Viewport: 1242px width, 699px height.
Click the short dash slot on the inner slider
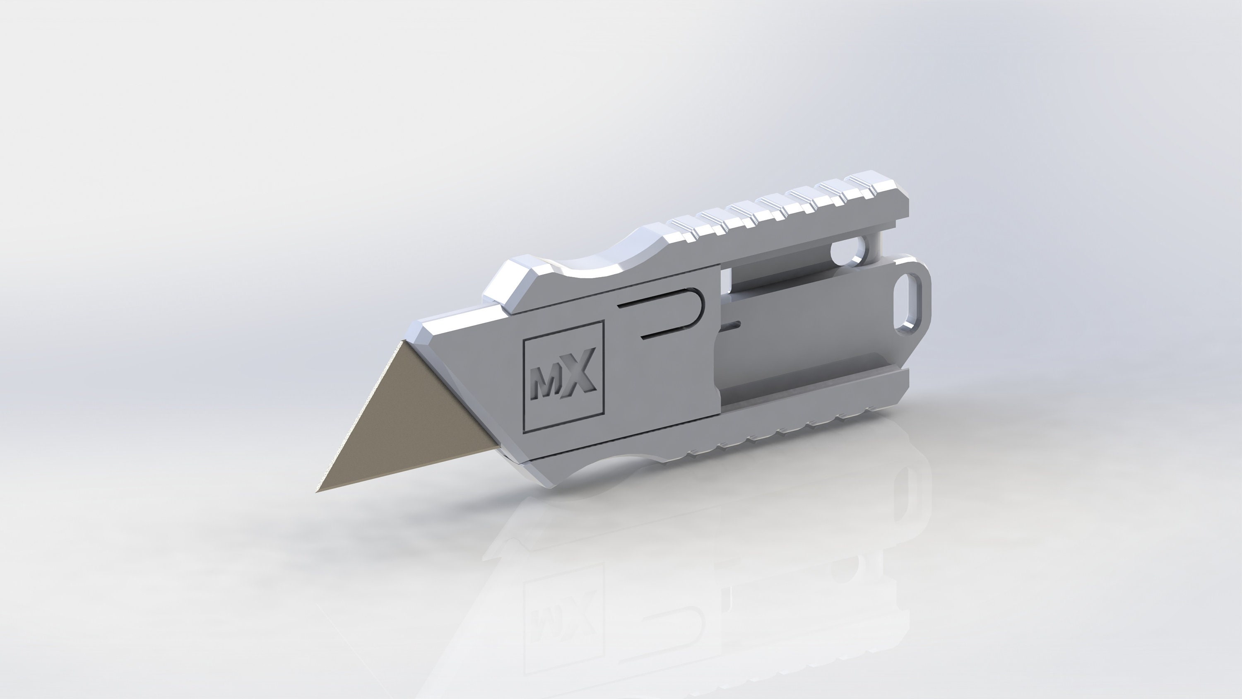click(732, 325)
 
